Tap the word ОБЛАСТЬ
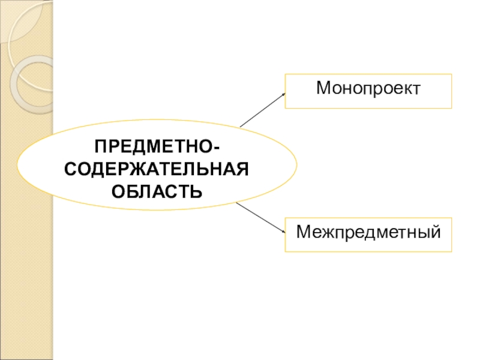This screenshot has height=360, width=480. click(157, 191)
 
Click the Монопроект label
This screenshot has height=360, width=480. click(368, 89)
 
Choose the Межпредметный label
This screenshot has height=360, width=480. click(368, 230)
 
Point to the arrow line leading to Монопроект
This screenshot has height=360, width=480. click(262, 110)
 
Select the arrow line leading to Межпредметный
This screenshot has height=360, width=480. click(259, 217)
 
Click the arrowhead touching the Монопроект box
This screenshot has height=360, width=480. click(283, 94)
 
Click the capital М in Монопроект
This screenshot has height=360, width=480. click(323, 89)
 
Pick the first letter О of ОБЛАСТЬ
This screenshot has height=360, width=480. click(118, 191)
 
